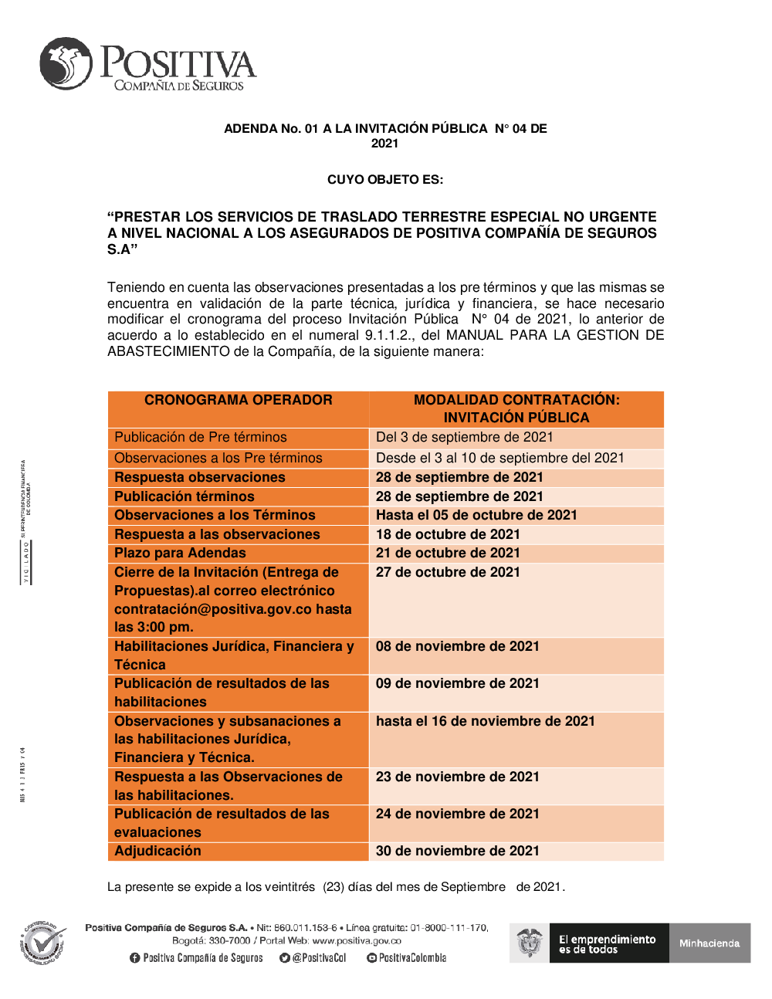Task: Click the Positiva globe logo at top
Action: (66, 63)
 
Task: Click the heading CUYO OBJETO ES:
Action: (385, 180)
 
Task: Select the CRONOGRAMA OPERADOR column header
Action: (238, 400)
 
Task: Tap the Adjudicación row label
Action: (158, 851)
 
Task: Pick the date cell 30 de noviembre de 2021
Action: (458, 851)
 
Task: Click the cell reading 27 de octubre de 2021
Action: (448, 572)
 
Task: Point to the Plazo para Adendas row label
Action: (180, 553)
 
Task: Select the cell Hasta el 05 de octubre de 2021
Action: (476, 515)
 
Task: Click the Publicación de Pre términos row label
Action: (201, 437)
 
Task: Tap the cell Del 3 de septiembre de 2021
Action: (465, 437)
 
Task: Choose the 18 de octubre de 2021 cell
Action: (448, 534)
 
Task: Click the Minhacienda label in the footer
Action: (709, 943)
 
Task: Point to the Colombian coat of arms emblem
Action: (530, 943)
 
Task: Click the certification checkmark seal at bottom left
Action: (44, 943)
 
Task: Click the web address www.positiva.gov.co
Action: (357, 941)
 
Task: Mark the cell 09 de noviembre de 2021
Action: (458, 683)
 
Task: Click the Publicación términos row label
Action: (185, 496)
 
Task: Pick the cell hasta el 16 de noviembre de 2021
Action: (486, 721)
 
